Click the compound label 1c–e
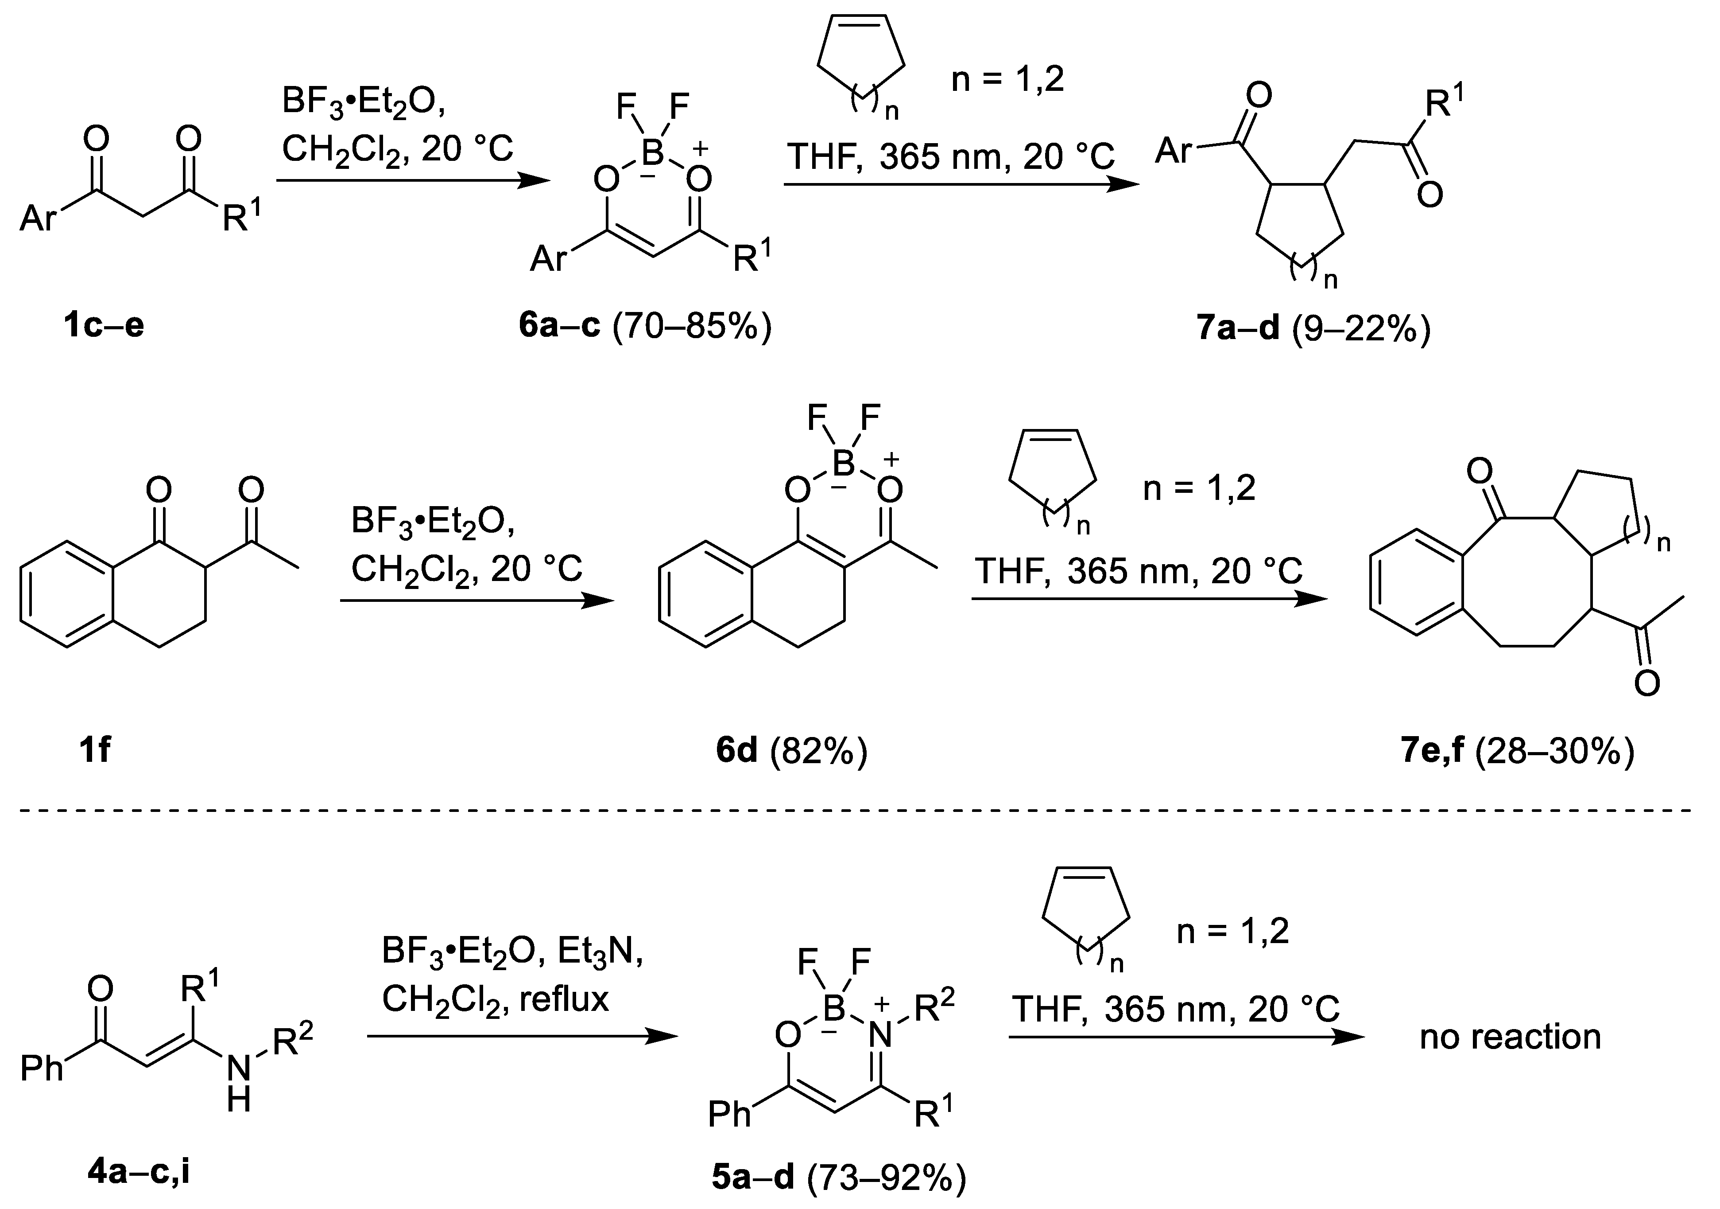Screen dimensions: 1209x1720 click(104, 326)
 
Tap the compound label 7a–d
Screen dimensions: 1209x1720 click(1238, 328)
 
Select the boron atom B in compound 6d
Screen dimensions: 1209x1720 click(844, 463)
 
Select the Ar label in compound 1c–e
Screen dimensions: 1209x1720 click(39, 218)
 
